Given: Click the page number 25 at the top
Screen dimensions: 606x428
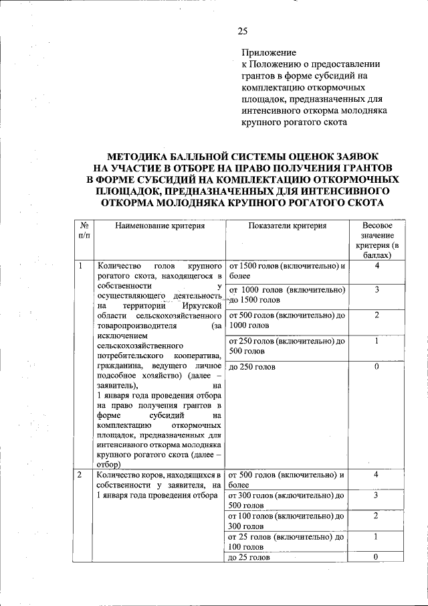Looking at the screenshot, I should click(242, 31).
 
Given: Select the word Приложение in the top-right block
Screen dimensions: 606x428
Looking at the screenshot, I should click(268, 52).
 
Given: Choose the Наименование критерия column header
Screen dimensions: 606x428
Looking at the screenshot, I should click(159, 226).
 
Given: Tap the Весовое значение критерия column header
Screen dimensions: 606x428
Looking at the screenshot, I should click(377, 241).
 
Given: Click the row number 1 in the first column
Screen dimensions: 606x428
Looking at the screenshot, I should click(80, 266).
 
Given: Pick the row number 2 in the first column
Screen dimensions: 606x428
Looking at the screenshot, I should click(80, 475).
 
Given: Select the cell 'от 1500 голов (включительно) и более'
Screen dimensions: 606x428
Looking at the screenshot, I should click(287, 271).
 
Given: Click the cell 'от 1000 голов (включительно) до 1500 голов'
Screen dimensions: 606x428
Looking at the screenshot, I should click(287, 295).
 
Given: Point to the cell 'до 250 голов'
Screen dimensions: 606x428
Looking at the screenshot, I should click(249, 366).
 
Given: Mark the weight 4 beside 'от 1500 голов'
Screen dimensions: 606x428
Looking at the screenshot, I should click(377, 266).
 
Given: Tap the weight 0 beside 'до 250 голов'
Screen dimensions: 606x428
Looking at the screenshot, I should click(377, 366).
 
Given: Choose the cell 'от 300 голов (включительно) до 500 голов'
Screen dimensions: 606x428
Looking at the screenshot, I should click(287, 500).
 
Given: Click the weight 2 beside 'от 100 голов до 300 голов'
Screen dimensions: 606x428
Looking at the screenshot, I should click(377, 516).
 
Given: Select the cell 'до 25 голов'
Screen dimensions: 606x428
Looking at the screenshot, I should click(249, 557).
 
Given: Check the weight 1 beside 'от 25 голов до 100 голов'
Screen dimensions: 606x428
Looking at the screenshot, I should click(377, 536).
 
